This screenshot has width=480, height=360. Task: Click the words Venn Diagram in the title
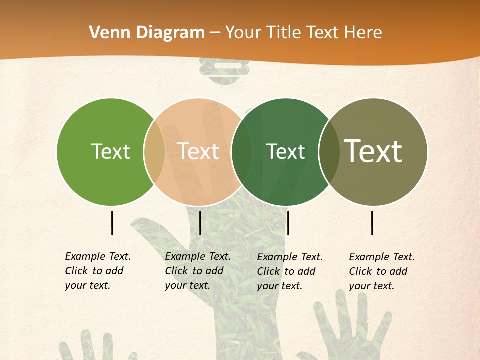(147, 32)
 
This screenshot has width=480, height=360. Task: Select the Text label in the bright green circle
(110, 151)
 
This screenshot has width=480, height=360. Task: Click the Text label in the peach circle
(198, 151)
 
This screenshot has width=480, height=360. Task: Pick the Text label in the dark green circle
(285, 151)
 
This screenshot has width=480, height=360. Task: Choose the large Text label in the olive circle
(373, 151)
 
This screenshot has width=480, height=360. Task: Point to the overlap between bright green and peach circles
(154, 151)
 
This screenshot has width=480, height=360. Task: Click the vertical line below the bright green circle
(112, 223)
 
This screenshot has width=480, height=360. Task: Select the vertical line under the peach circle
(200, 223)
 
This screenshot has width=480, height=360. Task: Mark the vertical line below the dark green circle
(288, 223)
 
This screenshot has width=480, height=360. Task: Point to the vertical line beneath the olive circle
(372, 223)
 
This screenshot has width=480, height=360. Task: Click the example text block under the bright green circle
(98, 271)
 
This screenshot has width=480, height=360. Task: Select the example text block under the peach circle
(198, 271)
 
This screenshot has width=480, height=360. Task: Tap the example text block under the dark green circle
(290, 271)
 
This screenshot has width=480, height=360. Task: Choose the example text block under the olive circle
(382, 271)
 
